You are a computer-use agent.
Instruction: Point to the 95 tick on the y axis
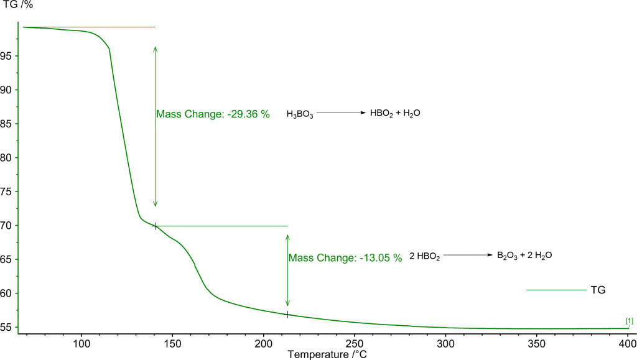click(11, 56)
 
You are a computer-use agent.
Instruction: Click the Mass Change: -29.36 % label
click(213, 114)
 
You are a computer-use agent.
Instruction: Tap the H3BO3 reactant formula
click(300, 114)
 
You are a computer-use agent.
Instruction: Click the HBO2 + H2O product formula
click(391, 113)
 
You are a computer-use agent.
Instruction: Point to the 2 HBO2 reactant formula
click(424, 256)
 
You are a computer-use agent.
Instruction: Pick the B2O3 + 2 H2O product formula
click(524, 256)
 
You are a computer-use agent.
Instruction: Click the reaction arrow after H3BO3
click(342, 113)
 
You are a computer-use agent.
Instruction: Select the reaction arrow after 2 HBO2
click(467, 255)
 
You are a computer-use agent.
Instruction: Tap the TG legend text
click(598, 290)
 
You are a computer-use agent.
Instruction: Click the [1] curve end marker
click(630, 321)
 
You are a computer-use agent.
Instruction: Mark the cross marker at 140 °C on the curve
click(154, 226)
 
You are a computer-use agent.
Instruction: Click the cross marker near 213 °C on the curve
click(287, 315)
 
